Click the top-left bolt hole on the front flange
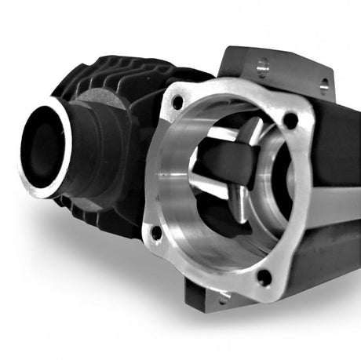[177, 101]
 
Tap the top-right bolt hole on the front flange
[290, 120]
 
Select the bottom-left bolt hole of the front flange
[156, 232]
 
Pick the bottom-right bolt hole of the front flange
[264, 276]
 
